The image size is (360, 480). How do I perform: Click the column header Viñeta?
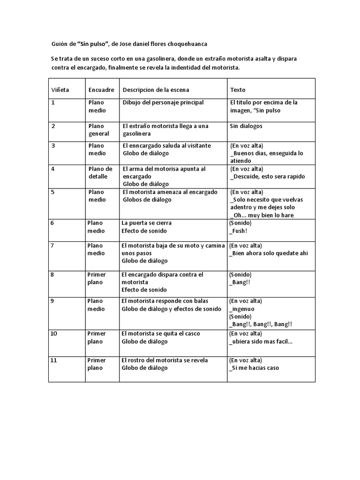coord(60,90)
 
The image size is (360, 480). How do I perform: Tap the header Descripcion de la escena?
coord(156,90)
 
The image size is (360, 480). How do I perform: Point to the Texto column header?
coord(238,90)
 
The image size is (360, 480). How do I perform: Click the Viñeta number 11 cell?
coord(54,360)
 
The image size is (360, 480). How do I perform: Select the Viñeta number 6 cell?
coord(52,223)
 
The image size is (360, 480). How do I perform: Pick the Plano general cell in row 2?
coord(98,129)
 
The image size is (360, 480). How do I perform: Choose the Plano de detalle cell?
coord(100,172)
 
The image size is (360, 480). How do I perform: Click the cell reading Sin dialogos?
coord(246,126)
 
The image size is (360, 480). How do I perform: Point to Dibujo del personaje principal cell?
coord(163,102)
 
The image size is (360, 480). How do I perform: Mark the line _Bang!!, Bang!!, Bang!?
coord(261,324)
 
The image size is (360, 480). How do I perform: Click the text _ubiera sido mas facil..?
coord(261,341)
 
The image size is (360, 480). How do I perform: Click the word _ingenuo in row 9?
coord(242,308)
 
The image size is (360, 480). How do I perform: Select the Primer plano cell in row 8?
coord(97,278)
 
